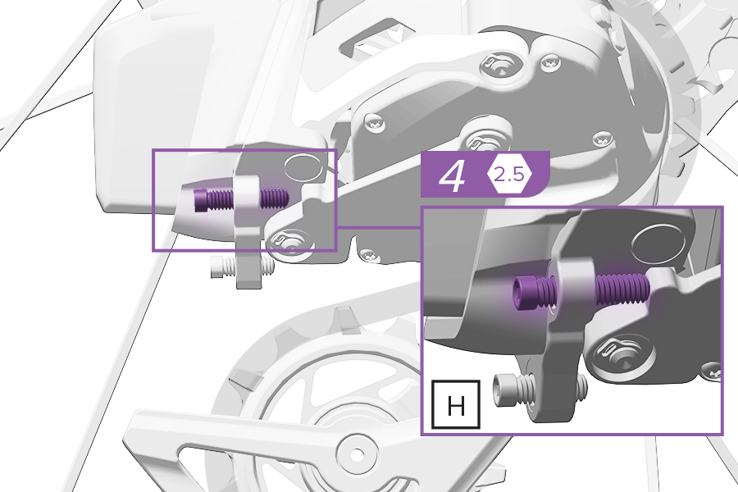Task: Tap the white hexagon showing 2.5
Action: pos(509,175)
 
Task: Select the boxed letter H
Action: pos(456,405)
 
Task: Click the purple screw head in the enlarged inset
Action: pos(522,292)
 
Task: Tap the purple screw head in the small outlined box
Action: pos(199,200)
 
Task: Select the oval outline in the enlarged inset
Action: pos(658,243)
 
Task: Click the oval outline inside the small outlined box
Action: pos(303,169)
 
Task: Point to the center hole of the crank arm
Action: pos(357,455)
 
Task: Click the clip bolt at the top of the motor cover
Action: pos(500,64)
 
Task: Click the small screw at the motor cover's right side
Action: pos(602,139)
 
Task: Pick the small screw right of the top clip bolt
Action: pos(551,61)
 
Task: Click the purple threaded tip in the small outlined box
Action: pos(273,198)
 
